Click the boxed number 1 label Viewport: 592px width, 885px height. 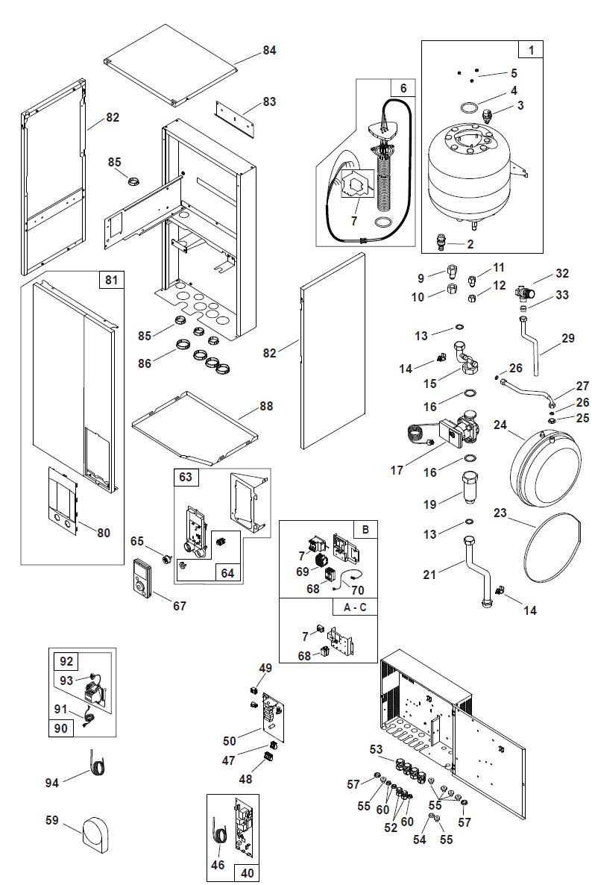pos(531,50)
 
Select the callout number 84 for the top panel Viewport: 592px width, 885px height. pos(269,50)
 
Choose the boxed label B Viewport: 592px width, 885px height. pos(365,529)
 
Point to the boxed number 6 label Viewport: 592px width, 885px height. pos(403,87)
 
